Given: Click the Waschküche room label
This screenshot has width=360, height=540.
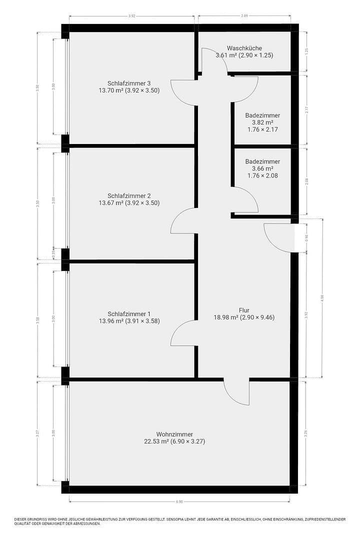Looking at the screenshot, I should tap(244, 48).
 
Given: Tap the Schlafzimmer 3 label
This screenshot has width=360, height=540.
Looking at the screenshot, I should tap(129, 83).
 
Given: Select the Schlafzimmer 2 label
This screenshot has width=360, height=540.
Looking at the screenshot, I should tap(129, 195).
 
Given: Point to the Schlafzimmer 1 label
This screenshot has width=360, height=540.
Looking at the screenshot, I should tap(129, 313).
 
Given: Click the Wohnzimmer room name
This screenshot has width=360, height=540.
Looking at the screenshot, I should tap(174, 434).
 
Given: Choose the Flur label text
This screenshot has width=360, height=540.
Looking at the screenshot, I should tap(244, 309).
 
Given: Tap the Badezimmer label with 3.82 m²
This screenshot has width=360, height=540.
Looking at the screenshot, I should tap(262, 115).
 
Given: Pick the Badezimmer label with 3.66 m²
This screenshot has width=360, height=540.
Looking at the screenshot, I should tap(262, 161).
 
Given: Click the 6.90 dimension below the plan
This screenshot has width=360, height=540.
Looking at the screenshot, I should tap(179, 501).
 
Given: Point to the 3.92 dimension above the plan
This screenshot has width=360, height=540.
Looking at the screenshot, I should tap(131, 16).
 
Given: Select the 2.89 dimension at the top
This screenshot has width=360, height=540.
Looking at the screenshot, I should tap(244, 16).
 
